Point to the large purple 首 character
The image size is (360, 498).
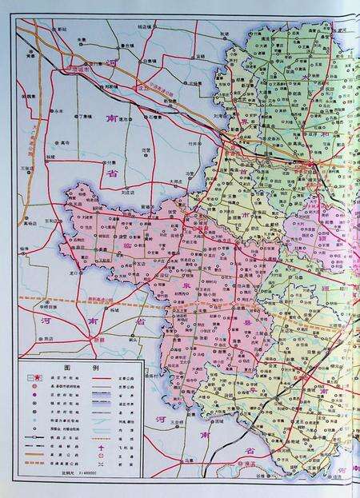click(242, 171)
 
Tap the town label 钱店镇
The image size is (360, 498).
click(144, 26)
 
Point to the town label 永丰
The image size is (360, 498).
click(58, 110)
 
